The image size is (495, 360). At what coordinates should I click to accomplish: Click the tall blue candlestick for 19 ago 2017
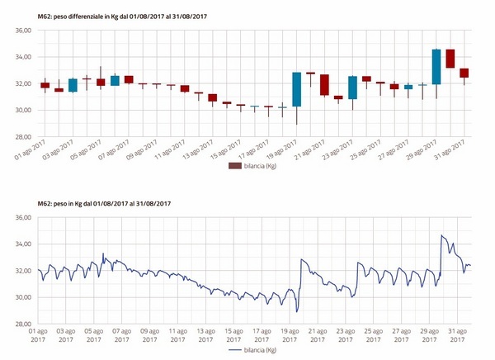296,89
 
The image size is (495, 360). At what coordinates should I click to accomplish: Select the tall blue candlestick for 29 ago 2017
436,67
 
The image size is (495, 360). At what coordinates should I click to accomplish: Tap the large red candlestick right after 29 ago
450,59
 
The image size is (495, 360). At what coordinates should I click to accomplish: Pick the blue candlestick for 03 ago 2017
73,85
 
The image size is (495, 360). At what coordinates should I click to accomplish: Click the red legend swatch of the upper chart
235,166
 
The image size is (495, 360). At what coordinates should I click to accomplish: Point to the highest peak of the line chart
443,235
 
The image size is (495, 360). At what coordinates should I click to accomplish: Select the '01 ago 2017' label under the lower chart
38,334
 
